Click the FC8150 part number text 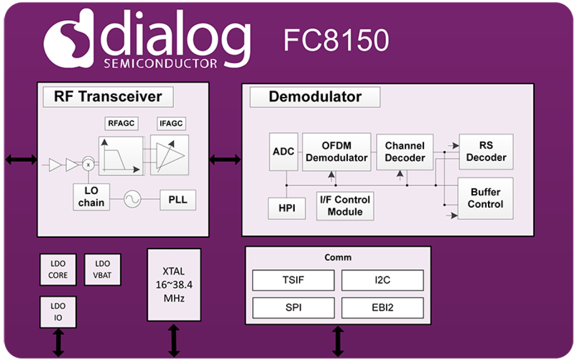pyautogui.click(x=336, y=41)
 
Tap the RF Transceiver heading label pyautogui.click(x=108, y=97)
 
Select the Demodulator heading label pyautogui.click(x=315, y=97)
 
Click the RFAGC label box pyautogui.click(x=122, y=123)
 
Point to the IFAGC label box pyautogui.click(x=171, y=123)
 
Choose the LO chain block pyautogui.click(x=92, y=197)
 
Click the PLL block pyautogui.click(x=178, y=200)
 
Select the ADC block pyautogui.click(x=283, y=151)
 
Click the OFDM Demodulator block pyautogui.click(x=336, y=152)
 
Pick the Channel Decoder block pyautogui.click(x=405, y=152)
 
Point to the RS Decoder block pyautogui.click(x=486, y=152)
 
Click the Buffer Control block pyautogui.click(x=485, y=198)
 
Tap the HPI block pyautogui.click(x=287, y=208)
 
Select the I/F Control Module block pyautogui.click(x=345, y=206)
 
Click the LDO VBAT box pyautogui.click(x=103, y=269)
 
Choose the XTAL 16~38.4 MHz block pyautogui.click(x=174, y=285)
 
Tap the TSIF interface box pyautogui.click(x=293, y=280)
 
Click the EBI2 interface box pyautogui.click(x=382, y=307)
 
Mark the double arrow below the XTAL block pyautogui.click(x=174, y=340)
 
